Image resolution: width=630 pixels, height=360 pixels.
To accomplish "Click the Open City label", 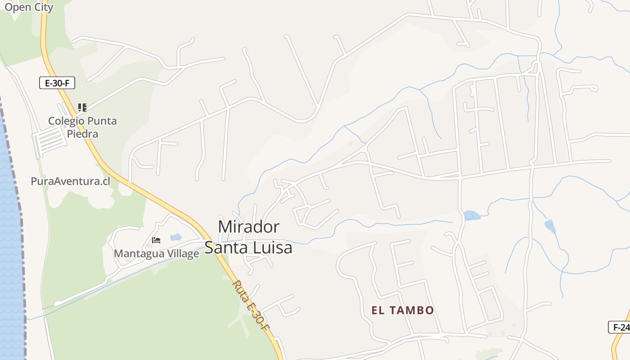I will [x=29, y=7].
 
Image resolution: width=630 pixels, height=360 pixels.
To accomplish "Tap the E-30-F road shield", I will [x=57, y=83].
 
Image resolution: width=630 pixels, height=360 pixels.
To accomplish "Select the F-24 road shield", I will [x=621, y=327].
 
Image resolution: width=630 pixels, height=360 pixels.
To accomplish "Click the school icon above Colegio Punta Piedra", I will [x=82, y=107].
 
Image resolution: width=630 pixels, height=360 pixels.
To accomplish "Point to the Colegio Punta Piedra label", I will [x=82, y=127].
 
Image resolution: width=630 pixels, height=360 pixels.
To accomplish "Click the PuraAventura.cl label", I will [x=70, y=181].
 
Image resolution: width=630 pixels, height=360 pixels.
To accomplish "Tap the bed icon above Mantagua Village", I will [x=156, y=240].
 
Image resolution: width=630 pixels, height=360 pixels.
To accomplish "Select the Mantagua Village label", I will [x=156, y=253].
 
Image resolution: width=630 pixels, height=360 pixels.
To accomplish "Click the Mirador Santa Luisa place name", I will [x=249, y=237].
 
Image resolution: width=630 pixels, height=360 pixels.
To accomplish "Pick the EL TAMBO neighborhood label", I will [x=403, y=310].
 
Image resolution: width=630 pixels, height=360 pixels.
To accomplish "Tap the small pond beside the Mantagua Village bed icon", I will [x=175, y=237].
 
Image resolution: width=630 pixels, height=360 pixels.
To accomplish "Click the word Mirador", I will [x=249, y=226].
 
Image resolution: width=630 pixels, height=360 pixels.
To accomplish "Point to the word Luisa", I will [x=274, y=248].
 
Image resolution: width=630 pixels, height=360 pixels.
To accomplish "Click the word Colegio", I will [x=66, y=121].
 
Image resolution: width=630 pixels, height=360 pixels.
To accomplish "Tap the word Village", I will [x=182, y=253].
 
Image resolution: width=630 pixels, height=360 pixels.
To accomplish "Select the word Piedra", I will [x=82, y=134].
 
